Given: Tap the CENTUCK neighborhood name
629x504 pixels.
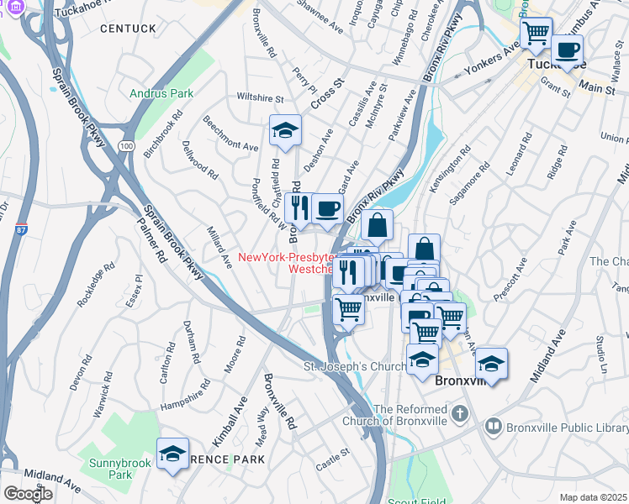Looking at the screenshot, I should [128, 29].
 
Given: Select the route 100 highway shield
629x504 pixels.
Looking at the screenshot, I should [126, 145].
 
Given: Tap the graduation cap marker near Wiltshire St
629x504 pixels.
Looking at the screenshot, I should [285, 131].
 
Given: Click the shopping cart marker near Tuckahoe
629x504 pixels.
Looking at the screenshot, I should [535, 34].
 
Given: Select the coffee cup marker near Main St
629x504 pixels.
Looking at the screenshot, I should [568, 49].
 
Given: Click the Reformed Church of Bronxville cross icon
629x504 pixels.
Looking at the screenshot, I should [459, 413].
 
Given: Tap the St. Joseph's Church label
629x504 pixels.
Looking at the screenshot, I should [355, 367].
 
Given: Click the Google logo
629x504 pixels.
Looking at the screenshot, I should [28, 494].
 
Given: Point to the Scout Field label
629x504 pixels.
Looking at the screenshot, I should [417, 501].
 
